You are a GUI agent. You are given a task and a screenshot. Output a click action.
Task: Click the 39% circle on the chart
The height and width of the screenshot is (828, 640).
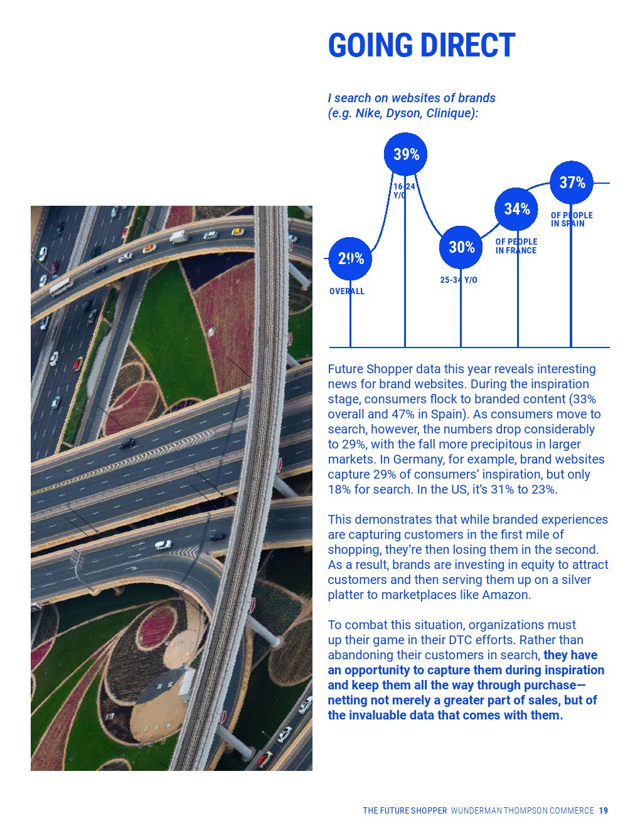[x=405, y=154]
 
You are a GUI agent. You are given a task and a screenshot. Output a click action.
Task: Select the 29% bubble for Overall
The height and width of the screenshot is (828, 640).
[x=350, y=258]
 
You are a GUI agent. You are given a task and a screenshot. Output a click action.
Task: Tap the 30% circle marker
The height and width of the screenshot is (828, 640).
[x=461, y=247]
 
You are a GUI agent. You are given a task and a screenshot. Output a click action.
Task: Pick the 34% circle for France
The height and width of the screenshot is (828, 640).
[x=516, y=209]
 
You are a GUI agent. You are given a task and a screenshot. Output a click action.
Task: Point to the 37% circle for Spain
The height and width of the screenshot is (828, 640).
[x=572, y=183]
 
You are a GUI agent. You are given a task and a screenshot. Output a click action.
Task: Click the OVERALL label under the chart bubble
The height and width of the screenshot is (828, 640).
[x=346, y=292]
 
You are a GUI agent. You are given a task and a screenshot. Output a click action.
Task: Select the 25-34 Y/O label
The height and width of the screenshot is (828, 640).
[x=458, y=280]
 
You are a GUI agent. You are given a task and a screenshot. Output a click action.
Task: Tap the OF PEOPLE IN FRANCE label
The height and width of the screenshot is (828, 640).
[x=516, y=246]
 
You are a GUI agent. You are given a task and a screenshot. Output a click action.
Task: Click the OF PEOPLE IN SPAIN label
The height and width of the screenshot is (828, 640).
[x=571, y=220]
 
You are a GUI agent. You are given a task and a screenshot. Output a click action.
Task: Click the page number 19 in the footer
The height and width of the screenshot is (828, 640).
[x=603, y=811]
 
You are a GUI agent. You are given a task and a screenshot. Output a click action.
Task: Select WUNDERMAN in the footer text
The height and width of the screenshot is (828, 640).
[x=476, y=811]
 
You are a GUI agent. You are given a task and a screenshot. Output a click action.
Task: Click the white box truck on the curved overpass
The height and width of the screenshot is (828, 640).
[x=178, y=236]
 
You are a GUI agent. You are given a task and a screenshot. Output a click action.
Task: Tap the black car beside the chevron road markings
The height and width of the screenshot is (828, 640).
[x=127, y=443]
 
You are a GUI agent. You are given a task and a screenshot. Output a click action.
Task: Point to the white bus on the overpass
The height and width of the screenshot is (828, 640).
[x=61, y=286]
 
